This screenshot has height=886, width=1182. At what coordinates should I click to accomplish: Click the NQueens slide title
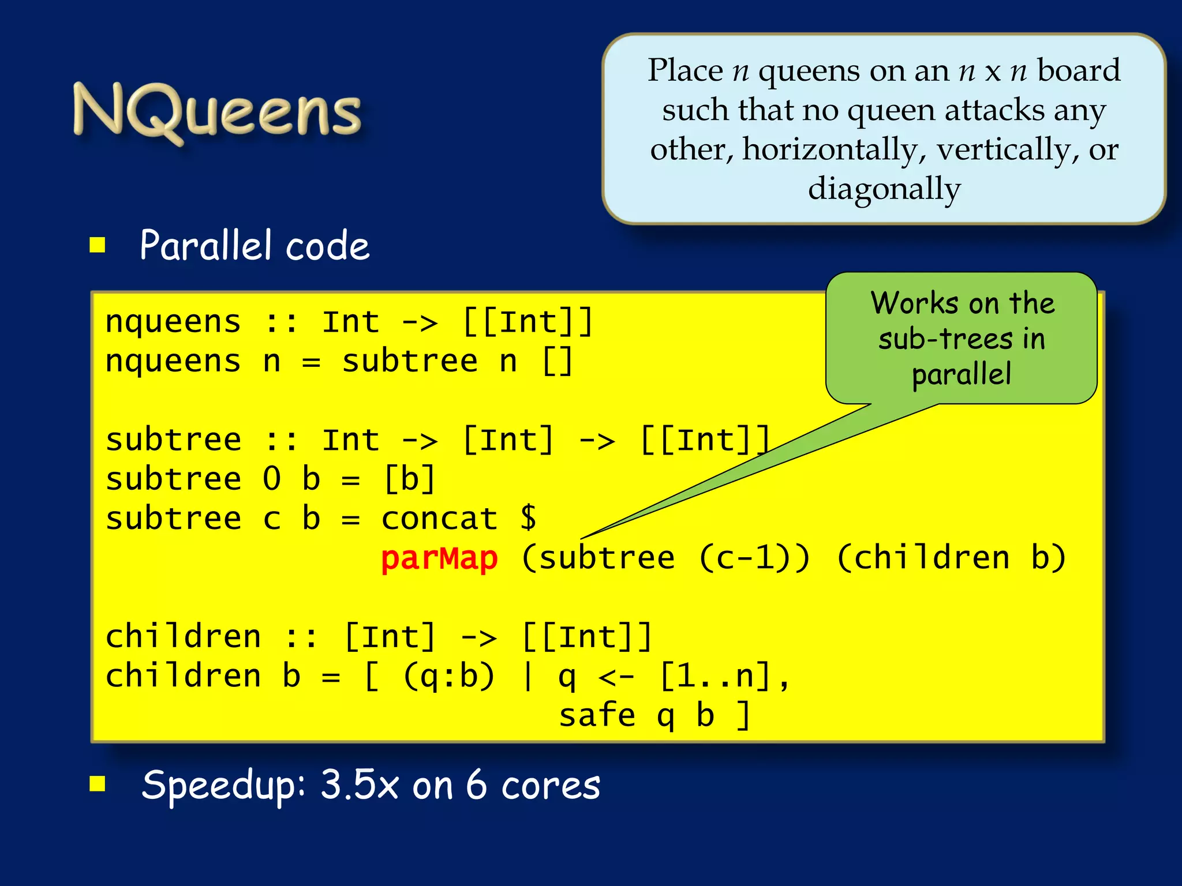click(x=217, y=111)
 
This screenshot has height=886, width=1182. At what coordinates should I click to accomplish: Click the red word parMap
click(x=439, y=558)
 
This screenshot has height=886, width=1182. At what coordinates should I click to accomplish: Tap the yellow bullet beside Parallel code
click(x=98, y=245)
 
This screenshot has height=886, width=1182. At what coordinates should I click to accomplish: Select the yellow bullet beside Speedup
click(x=98, y=784)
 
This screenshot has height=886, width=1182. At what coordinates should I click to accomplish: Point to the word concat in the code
click(x=439, y=518)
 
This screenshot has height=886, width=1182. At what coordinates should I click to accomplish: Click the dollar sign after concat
click(x=528, y=517)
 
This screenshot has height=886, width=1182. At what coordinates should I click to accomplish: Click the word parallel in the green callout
click(x=962, y=374)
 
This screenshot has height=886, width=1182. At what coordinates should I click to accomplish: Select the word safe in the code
click(x=597, y=715)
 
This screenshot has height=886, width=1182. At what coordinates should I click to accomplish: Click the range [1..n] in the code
click(x=715, y=676)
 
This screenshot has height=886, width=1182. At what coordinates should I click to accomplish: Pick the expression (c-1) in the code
click(x=754, y=558)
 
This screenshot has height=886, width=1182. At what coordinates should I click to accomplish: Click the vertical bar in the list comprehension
click(x=527, y=676)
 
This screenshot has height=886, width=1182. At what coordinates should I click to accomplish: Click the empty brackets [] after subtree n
click(x=558, y=362)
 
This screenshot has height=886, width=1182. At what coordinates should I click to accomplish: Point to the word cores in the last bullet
click(x=551, y=786)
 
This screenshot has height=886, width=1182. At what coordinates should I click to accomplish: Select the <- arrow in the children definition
click(x=616, y=677)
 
